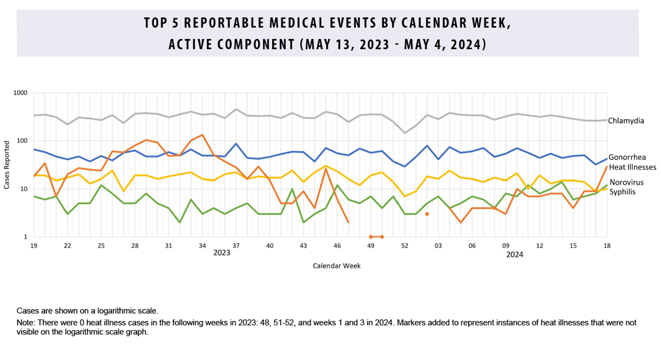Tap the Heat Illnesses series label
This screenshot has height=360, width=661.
point(632,167)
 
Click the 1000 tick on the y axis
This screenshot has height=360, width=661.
point(20,93)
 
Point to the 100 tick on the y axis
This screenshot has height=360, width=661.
point(22,141)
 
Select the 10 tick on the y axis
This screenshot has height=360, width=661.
point(24,189)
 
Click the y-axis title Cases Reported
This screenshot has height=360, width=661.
point(7,165)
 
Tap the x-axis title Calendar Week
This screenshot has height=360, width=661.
point(337,265)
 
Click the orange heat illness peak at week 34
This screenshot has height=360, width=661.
point(202,135)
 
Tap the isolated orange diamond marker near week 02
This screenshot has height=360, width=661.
point(427,214)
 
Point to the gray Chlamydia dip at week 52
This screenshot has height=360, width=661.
point(405,133)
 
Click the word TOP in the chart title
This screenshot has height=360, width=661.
point(155,24)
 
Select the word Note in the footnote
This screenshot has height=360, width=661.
point(26,321)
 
